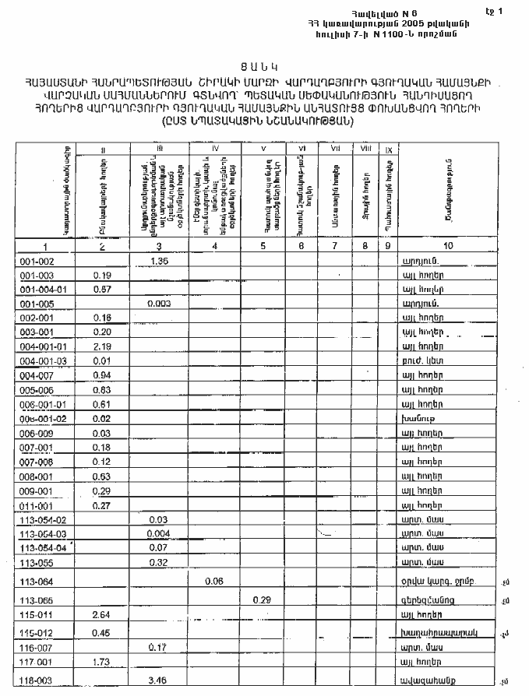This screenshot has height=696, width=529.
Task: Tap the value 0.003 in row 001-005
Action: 159,303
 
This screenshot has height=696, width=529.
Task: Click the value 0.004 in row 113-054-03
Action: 159,533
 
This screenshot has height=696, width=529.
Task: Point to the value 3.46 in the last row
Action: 159,684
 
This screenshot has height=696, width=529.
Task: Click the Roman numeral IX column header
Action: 389,148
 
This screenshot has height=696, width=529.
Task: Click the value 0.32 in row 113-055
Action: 159,561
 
